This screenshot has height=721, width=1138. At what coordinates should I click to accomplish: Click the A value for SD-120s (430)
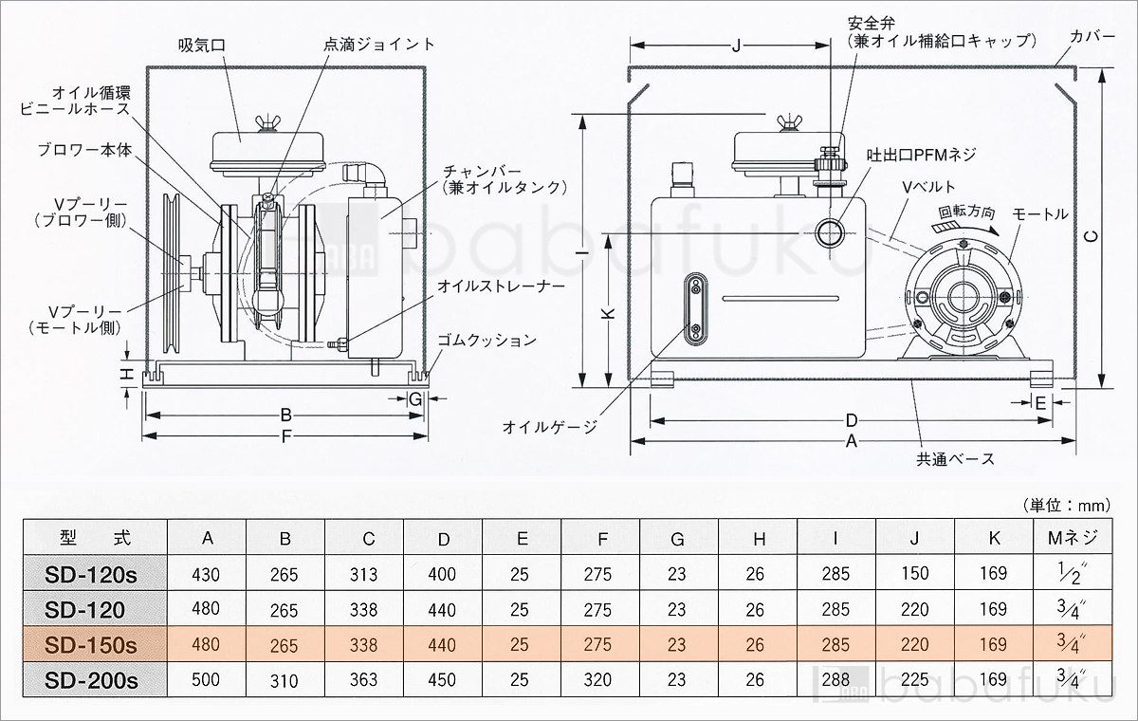pyautogui.click(x=205, y=574)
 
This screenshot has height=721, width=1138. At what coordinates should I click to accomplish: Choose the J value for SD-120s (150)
pyautogui.click(x=914, y=574)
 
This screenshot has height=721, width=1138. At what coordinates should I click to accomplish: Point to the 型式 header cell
pyautogui.click(x=93, y=538)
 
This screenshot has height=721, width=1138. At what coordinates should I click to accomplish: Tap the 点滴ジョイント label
pyautogui.click(x=379, y=45)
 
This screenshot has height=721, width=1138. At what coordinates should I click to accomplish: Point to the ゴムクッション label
pyautogui.click(x=486, y=340)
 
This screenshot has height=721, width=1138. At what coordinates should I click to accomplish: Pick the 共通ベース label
pyautogui.click(x=954, y=459)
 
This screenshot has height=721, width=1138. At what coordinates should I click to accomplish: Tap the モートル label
pyautogui.click(x=1040, y=214)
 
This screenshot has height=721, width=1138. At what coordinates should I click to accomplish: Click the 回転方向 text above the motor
pyautogui.click(x=966, y=213)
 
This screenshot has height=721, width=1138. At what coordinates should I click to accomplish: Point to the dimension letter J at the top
pyautogui.click(x=737, y=45)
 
